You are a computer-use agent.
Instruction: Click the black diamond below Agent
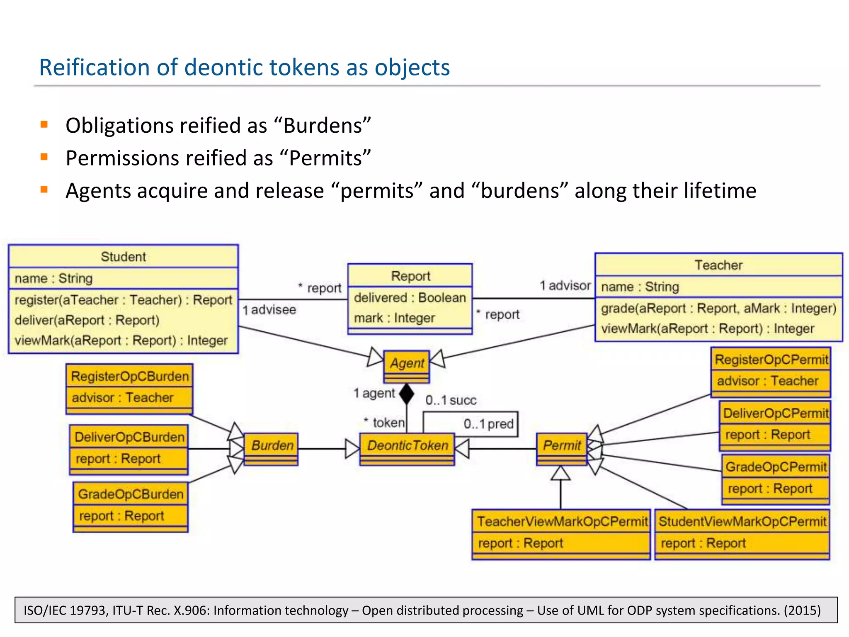tap(407, 394)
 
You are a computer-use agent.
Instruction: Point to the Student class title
tap(123, 257)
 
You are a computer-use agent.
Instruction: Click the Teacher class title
tap(718, 265)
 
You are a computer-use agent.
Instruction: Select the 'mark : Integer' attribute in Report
tap(394, 318)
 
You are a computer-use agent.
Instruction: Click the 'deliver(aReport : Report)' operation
tap(87, 320)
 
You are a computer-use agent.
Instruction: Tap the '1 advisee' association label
tap(269, 310)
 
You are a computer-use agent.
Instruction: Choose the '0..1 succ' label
tap(451, 400)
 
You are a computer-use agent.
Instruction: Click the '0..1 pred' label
tap(488, 424)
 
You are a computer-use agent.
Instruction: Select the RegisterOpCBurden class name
tap(130, 376)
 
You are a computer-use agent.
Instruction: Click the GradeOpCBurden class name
tap(131, 494)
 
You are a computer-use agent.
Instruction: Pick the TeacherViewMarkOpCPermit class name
tap(562, 521)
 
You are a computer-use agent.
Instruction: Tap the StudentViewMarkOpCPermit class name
tap(742, 521)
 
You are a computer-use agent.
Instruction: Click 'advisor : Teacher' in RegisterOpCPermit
tap(767, 381)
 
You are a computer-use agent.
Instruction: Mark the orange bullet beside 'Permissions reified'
tap(44, 157)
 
